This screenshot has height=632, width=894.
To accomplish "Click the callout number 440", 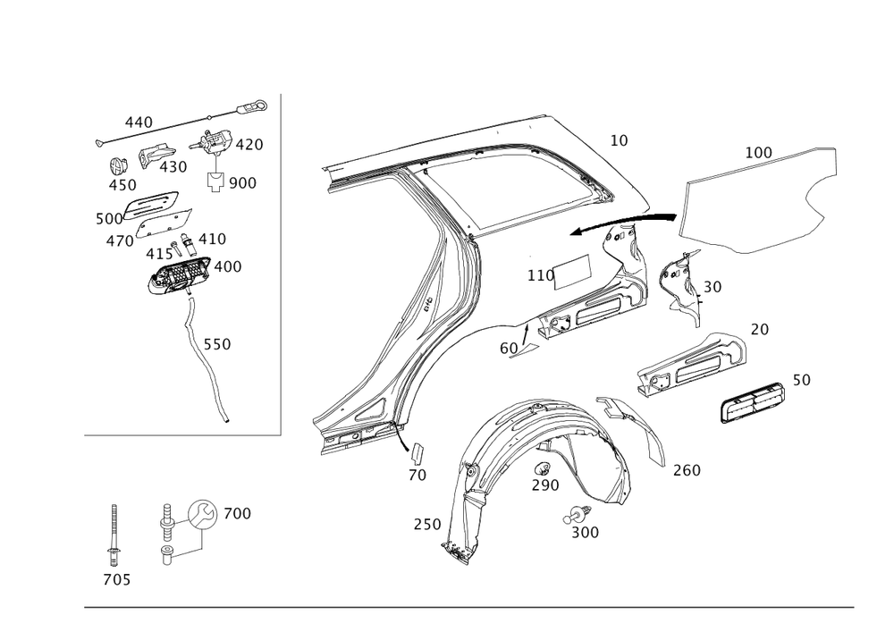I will (x=138, y=121).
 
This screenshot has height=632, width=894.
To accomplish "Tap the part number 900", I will (x=242, y=182).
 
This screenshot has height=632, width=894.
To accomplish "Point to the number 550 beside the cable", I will (x=216, y=344).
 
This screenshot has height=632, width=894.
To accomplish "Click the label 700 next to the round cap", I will (x=237, y=514).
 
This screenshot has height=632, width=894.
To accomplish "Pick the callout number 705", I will (x=116, y=581).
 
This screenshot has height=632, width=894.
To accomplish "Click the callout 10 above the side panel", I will (x=619, y=141).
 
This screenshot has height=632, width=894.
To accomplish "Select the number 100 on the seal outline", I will (x=758, y=154).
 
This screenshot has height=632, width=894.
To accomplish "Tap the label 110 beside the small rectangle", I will (x=540, y=276).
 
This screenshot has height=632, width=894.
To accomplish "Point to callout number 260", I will (x=687, y=470).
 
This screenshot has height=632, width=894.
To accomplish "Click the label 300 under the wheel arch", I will (x=584, y=532).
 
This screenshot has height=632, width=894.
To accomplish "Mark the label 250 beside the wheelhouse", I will (x=426, y=525).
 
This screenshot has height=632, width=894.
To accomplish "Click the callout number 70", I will (x=417, y=476).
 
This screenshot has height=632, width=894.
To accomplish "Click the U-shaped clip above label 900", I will (x=215, y=182).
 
